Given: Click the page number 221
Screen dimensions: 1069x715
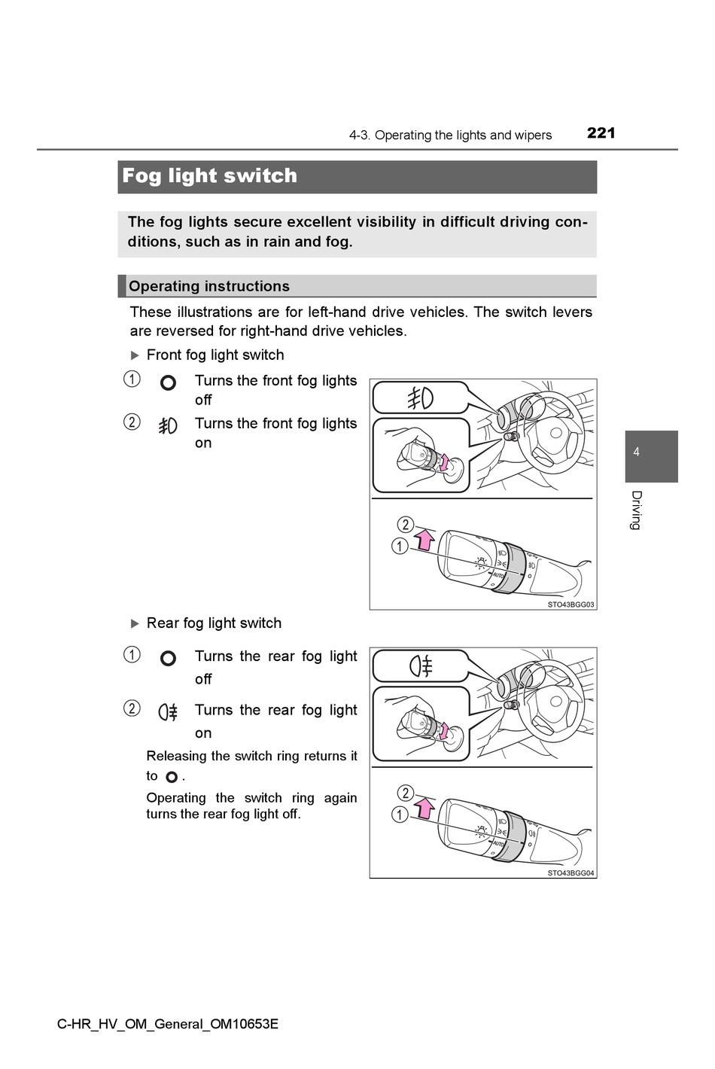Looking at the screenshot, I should pyautogui.click(x=601, y=133).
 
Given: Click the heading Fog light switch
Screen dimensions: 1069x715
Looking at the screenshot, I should pyautogui.click(x=209, y=176).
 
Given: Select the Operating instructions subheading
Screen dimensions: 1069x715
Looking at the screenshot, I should pyautogui.click(x=208, y=286).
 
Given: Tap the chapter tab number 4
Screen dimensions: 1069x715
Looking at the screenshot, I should pyautogui.click(x=636, y=452).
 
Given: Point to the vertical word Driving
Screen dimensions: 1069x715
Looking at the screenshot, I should pyautogui.click(x=636, y=510).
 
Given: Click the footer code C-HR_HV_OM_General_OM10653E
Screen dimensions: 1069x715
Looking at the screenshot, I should pyautogui.click(x=168, y=1024).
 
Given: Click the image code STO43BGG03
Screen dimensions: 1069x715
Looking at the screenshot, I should pyautogui.click(x=570, y=605).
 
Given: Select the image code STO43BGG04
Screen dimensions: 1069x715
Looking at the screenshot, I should pyautogui.click(x=570, y=873).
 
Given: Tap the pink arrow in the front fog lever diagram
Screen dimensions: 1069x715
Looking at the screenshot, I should pyautogui.click(x=425, y=539).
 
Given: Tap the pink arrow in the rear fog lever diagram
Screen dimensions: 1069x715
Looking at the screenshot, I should pyautogui.click(x=425, y=808).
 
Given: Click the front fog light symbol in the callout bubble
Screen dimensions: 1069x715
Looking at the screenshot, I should pyautogui.click(x=420, y=398).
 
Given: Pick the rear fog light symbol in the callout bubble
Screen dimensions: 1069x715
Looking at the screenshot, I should pyautogui.click(x=420, y=667).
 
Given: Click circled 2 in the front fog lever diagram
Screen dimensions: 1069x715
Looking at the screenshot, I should pyautogui.click(x=405, y=525).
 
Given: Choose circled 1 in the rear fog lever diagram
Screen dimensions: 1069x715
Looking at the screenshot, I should pyautogui.click(x=400, y=815).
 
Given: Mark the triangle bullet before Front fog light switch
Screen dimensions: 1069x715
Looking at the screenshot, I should pyautogui.click(x=135, y=355).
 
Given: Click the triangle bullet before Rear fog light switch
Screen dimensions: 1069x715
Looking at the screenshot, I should pyautogui.click(x=135, y=623).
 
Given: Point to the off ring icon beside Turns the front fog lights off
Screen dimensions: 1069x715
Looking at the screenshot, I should pyautogui.click(x=169, y=382).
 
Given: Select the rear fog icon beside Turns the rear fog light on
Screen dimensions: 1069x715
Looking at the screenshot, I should pyautogui.click(x=168, y=712).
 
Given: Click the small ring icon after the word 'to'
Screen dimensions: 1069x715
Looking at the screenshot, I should pyautogui.click(x=172, y=777).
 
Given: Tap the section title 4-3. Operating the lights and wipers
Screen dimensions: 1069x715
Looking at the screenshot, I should pyautogui.click(x=450, y=136).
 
